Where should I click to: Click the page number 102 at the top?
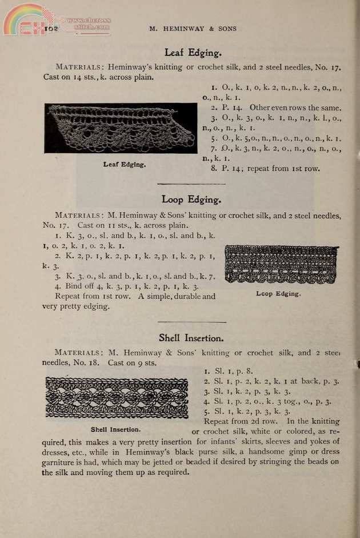(52, 28)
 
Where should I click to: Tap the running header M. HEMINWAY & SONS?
(193, 28)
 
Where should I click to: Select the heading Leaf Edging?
(192, 53)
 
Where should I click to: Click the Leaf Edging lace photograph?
(121, 129)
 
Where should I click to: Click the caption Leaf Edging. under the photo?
(124, 164)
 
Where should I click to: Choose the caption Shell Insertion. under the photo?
(116, 429)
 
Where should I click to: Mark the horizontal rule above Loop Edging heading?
(191, 184)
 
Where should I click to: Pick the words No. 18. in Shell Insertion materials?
(90, 362)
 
